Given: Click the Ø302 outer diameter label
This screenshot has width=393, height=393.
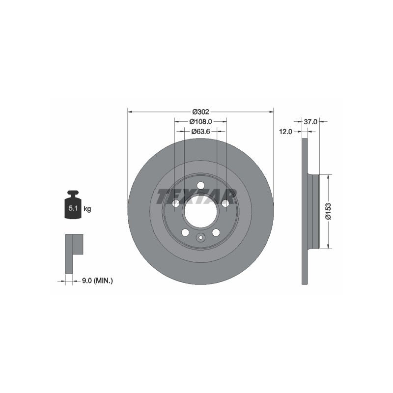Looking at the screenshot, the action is (x=200, y=112).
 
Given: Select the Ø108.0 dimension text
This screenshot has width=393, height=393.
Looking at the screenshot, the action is (x=200, y=121).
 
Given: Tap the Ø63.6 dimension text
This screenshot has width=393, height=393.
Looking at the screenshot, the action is (x=200, y=131).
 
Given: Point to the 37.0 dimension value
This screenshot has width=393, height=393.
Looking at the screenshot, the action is (x=310, y=122).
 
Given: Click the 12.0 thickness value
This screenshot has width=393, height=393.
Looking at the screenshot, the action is (x=286, y=132).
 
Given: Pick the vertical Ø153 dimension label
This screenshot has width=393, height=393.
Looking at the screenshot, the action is (x=328, y=212).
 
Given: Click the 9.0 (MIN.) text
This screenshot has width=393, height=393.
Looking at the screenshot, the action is (x=97, y=281).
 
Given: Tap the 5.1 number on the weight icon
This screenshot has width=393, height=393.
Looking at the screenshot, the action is (x=73, y=208).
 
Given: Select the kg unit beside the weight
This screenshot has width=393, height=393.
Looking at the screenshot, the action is (x=87, y=209).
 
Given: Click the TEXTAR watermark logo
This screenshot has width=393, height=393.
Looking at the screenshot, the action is (x=197, y=196).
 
